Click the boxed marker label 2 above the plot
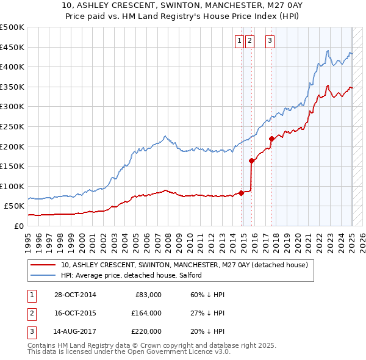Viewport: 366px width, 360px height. [x=249, y=41]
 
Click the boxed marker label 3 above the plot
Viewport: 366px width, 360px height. [x=270, y=41]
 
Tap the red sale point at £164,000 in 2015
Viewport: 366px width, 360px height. [x=251, y=160]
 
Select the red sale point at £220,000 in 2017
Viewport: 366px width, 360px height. [x=271, y=139]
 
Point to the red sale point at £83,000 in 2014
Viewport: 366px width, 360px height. [x=241, y=193]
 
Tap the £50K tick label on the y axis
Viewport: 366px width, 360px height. [x=15, y=206]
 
